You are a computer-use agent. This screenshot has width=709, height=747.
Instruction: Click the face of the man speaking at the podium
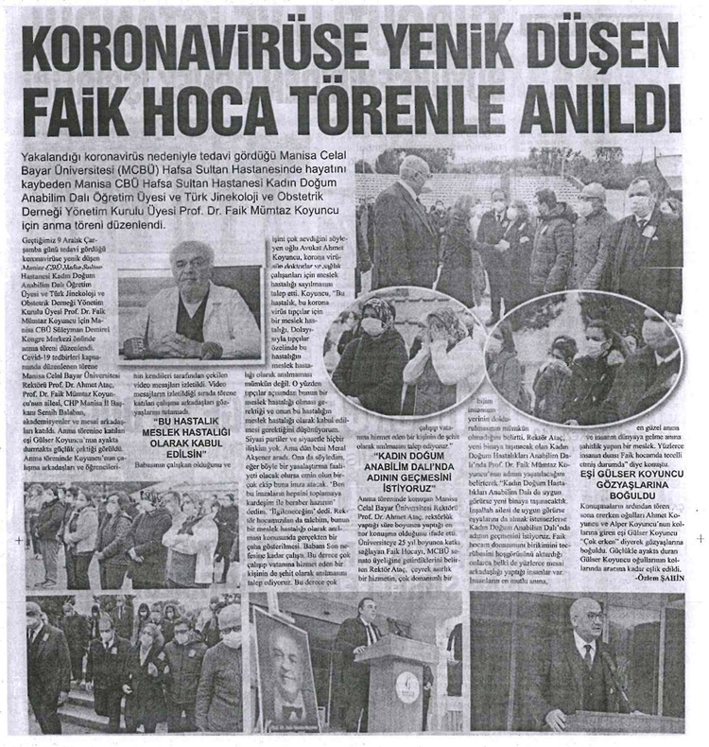click(366, 609)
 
